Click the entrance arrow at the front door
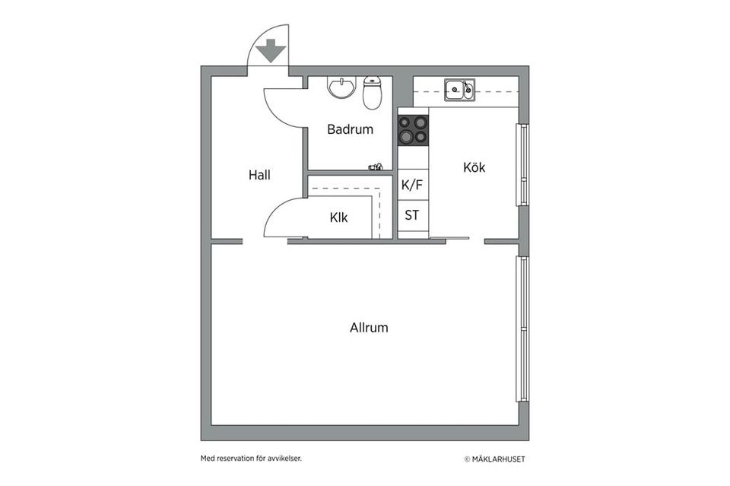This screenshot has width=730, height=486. [271, 50]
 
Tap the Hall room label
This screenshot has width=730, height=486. [259, 175]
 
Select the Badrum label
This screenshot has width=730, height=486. [350, 129]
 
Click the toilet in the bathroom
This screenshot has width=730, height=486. [372, 92]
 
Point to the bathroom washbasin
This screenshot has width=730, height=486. [341, 87]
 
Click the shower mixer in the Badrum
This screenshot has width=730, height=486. [375, 167]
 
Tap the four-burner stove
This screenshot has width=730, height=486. [413, 130]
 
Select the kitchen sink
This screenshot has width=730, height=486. [459, 90]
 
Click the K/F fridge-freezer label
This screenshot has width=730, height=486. [412, 185]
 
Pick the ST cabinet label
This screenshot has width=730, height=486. [411, 215]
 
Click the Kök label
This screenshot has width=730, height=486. [474, 167]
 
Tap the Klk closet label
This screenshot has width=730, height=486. [338, 218]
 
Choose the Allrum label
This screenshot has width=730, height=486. [369, 327]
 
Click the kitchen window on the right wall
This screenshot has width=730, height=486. [523, 164]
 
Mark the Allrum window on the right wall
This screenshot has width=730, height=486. [523, 329]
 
